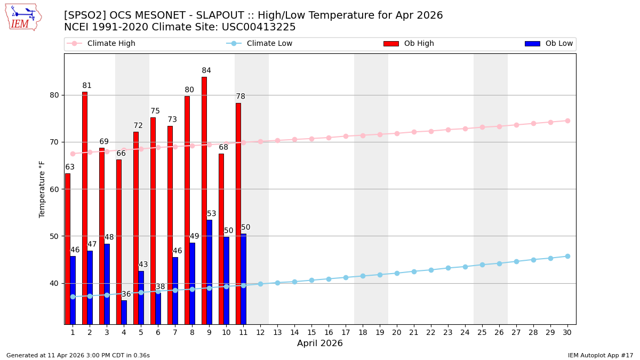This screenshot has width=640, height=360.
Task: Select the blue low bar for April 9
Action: pos(209,272)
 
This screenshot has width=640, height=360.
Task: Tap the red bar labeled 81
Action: pos(85,208)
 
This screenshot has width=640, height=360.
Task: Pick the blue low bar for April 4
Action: pos(124,312)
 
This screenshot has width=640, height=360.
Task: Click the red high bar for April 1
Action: pos(68,249)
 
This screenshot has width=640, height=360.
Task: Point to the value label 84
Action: pos(206,71)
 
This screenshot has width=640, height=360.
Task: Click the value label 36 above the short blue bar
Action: pos(126,294)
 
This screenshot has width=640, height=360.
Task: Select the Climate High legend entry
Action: pos(111,44)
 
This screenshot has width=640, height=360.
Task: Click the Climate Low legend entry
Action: pos(269,44)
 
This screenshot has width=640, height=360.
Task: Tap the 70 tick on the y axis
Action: pos(54,142)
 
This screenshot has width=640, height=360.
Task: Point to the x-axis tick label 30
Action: pos(567,332)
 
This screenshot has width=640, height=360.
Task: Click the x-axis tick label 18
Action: pos(363,332)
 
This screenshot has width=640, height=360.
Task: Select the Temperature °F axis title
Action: pos(43,189)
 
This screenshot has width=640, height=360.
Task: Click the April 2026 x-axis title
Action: pos(320,343)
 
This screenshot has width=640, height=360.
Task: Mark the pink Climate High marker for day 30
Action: pos(567,121)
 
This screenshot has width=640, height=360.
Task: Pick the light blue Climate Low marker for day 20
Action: pos(397,273)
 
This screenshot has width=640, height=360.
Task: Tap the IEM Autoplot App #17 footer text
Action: pos(601,355)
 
